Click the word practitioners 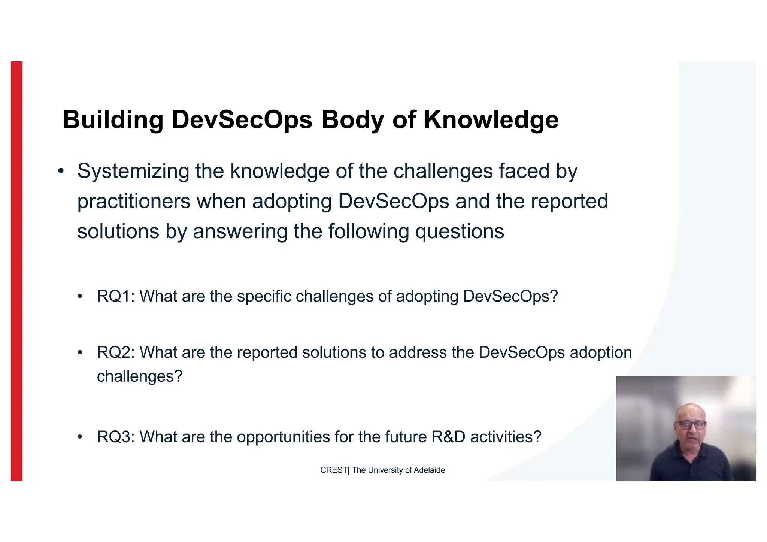134,202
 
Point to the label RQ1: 115,296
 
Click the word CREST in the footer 333,470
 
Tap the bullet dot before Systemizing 61,172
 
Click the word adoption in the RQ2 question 601,352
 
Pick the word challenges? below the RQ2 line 139,376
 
